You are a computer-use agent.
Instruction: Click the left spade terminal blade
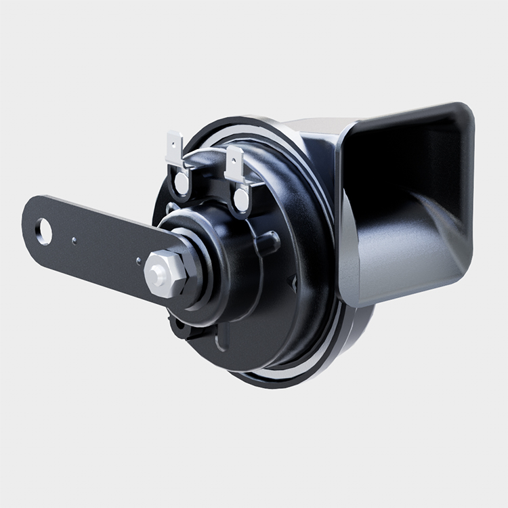[x=174, y=150]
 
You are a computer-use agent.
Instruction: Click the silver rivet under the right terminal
[x=240, y=198]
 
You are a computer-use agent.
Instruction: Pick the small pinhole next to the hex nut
[x=139, y=259]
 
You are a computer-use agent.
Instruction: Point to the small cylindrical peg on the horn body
[x=269, y=240]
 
